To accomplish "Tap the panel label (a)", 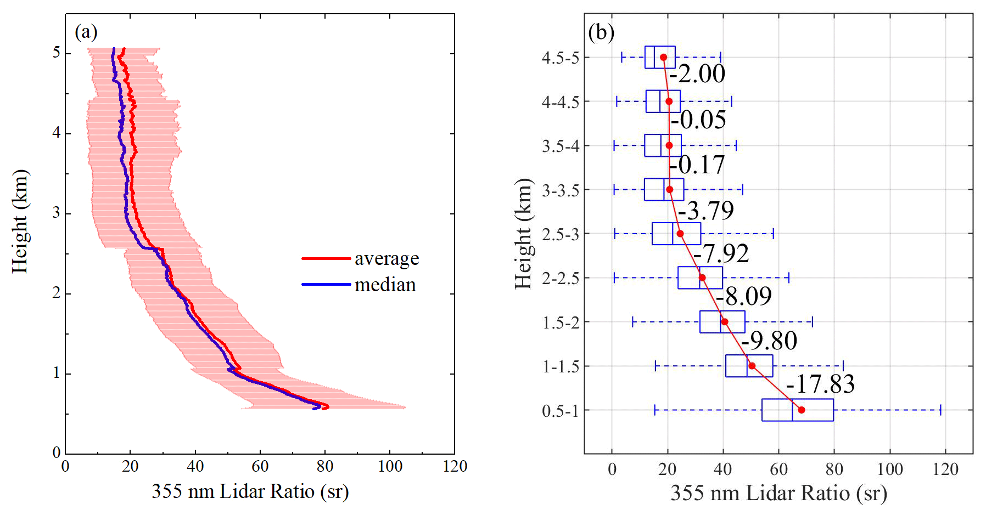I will (x=86, y=32).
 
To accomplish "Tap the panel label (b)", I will (x=601, y=32).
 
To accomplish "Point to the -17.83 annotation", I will (x=820, y=384).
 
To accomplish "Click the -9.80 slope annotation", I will (x=769, y=341).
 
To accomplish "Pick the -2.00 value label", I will (x=697, y=73).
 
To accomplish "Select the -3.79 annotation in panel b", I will (x=705, y=211).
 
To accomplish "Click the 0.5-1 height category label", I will (x=560, y=411).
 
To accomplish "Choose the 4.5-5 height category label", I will (x=560, y=58).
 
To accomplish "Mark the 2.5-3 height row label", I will (x=560, y=234).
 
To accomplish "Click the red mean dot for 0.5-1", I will (x=801, y=410).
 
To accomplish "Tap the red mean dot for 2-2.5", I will (x=702, y=278).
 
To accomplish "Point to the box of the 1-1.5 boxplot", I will (x=749, y=366).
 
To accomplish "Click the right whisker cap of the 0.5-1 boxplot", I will (x=940, y=410).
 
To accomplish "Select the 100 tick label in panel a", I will (x=390, y=467).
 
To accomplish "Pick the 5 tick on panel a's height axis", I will (x=57, y=53).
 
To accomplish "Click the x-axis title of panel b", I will (x=778, y=493).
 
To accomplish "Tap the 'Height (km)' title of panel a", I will (x=20, y=222).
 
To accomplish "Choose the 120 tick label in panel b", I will (x=945, y=469).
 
